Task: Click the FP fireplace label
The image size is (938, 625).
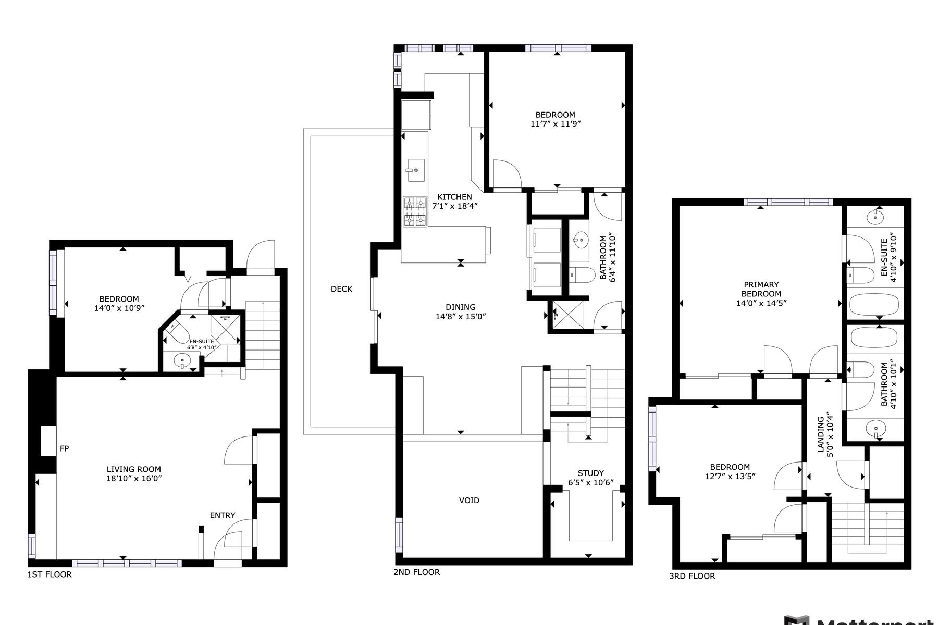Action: [64, 448]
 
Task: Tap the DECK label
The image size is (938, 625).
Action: [341, 289]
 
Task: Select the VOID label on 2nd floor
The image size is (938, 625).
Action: [469, 501]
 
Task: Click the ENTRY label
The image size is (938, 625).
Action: [223, 515]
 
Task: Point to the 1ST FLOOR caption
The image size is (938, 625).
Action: [50, 574]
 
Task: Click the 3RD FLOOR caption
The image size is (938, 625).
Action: [692, 576]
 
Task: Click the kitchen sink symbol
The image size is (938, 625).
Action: [415, 170]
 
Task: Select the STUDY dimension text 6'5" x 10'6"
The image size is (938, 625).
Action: [591, 483]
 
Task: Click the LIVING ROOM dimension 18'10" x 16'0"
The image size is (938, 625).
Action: [134, 478]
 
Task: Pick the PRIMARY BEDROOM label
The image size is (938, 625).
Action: [761, 289]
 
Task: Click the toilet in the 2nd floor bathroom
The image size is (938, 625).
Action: [582, 274]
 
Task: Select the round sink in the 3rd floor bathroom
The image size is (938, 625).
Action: [877, 430]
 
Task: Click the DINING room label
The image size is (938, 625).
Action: [461, 307]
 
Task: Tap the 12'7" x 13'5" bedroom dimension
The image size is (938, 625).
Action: [730, 476]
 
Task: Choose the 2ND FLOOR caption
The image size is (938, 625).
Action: [416, 572]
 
